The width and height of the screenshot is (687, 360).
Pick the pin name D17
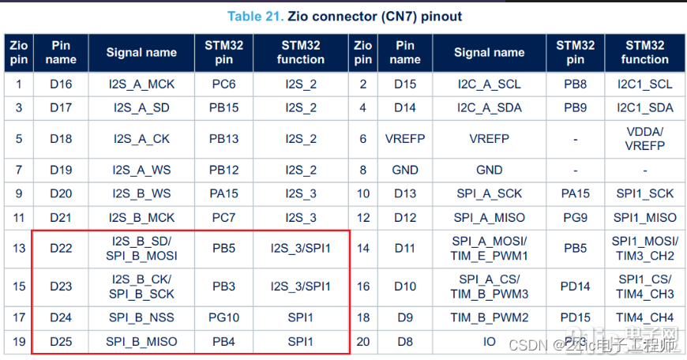coord(61,107)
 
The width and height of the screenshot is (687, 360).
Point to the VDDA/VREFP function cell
coord(644,138)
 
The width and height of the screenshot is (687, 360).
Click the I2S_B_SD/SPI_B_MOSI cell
coord(141,249)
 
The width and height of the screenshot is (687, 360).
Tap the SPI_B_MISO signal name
coord(141,342)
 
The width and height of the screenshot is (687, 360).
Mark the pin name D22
coord(61,249)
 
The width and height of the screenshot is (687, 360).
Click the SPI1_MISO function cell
coord(644,217)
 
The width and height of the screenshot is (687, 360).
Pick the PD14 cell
coord(576,287)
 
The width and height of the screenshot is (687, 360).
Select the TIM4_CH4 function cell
coord(644,318)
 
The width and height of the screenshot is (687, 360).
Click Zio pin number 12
coord(363,217)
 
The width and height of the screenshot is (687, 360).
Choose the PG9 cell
coord(576,217)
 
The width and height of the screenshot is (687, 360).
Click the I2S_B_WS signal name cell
coord(141,193)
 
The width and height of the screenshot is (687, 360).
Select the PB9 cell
coord(576,107)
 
